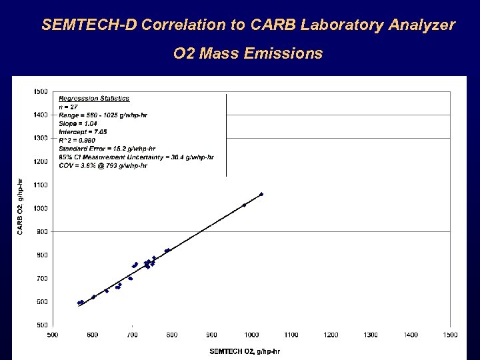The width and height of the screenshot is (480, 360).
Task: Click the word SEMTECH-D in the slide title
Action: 85,25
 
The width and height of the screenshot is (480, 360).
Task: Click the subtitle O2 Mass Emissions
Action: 247,53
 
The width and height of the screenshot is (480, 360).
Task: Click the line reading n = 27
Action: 69,107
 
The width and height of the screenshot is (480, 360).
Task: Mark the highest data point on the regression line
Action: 261,194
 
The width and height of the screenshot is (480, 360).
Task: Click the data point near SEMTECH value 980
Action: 244,205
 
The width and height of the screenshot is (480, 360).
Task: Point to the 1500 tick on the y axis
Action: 41,91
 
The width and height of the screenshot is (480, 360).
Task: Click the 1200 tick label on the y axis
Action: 41,161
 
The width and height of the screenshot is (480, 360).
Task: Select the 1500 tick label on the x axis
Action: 450,335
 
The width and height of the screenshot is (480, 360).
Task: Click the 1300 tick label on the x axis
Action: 371,335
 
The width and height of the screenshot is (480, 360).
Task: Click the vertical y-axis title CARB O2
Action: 20,207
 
